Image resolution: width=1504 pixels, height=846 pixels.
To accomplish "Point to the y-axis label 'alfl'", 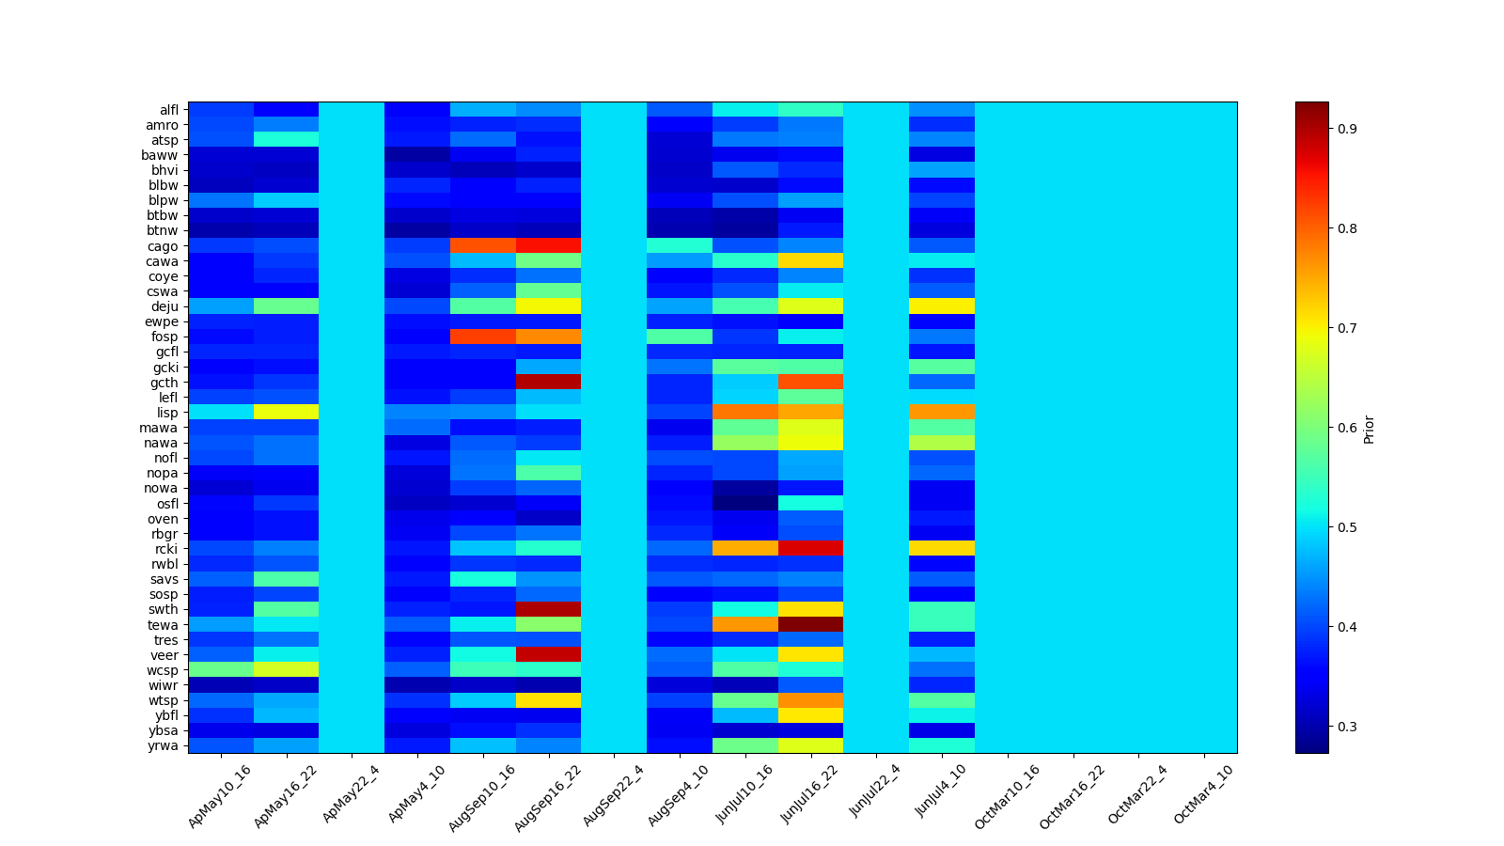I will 168,110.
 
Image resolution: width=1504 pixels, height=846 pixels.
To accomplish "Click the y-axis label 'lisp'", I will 167,413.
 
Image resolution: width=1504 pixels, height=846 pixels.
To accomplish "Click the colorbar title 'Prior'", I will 1369,428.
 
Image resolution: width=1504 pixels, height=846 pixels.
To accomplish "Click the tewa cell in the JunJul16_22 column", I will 810,625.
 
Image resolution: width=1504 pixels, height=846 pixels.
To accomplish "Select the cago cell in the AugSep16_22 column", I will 548,246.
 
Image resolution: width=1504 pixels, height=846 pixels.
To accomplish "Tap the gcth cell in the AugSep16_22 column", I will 548,383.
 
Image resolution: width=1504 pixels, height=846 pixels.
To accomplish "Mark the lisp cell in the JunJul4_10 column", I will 941,413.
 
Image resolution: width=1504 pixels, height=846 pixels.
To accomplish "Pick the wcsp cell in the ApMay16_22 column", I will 286,670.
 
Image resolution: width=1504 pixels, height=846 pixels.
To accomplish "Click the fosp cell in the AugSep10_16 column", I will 482,337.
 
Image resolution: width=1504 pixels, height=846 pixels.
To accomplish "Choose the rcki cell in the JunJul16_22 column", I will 810,549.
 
